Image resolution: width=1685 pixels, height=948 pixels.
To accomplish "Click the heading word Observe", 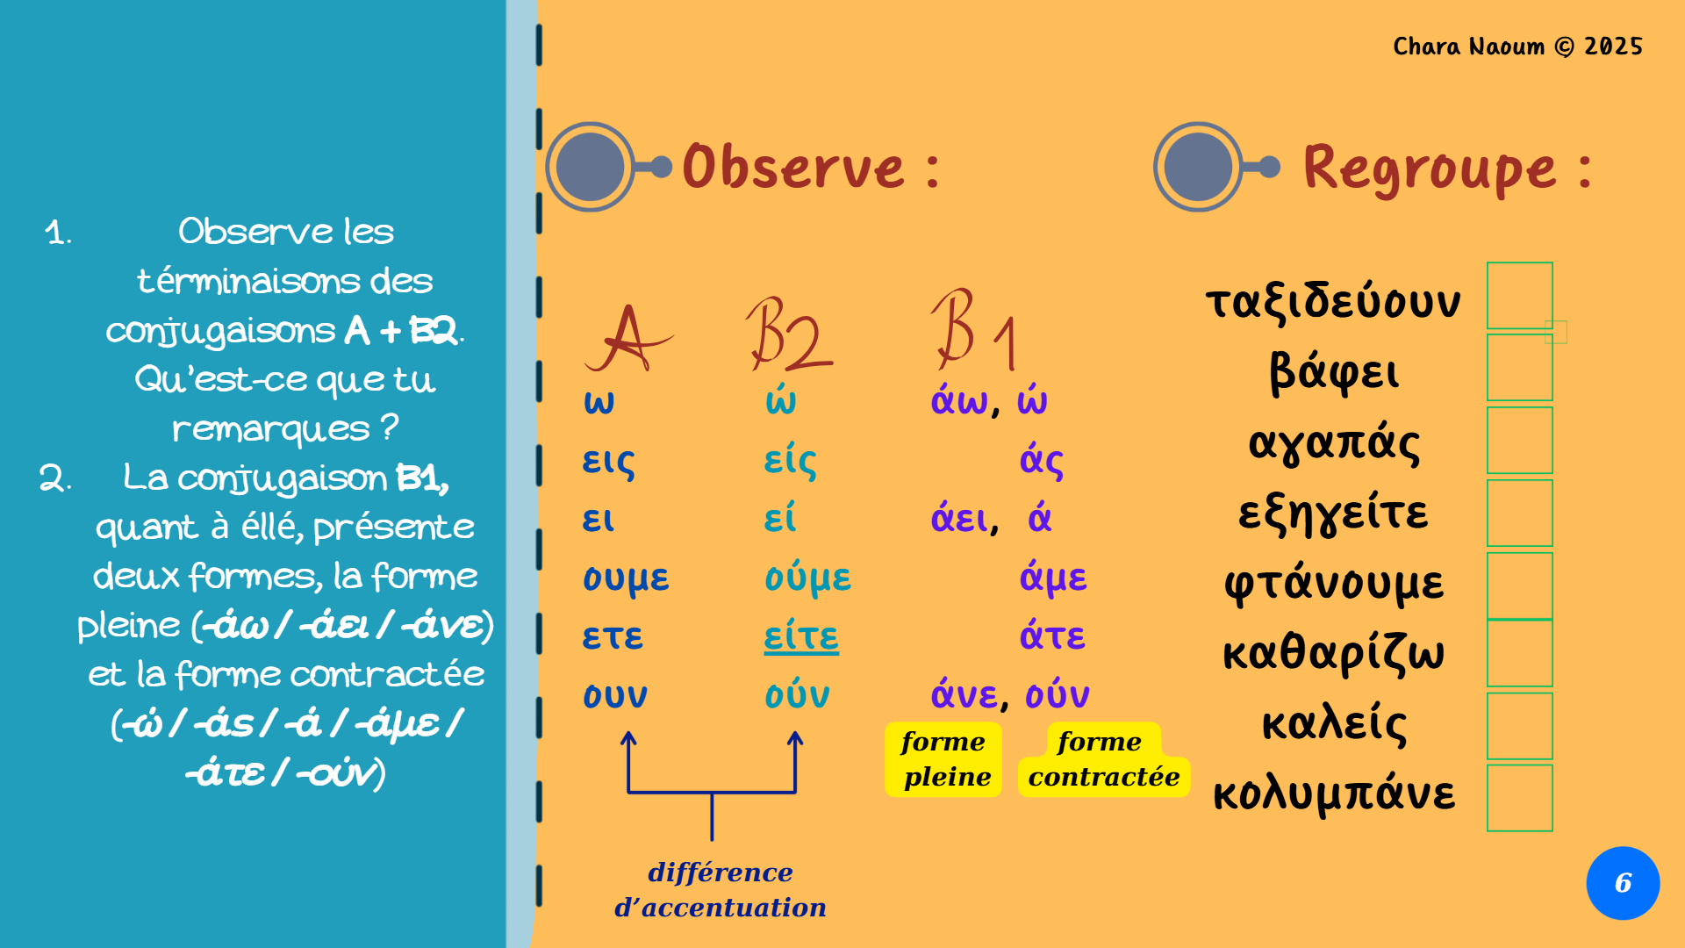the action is tap(793, 166).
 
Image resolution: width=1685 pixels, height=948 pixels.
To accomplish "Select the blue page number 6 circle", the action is tap(1623, 883).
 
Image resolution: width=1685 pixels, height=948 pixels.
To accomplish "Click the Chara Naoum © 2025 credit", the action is tap(1517, 46).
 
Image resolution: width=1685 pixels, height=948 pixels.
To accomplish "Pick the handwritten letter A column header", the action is tap(627, 339).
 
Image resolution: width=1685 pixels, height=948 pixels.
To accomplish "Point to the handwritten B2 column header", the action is tap(788, 334).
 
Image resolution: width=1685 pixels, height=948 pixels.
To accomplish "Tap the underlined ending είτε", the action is tap(801, 636).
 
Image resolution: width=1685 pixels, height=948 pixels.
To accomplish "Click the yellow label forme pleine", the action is tap(943, 759).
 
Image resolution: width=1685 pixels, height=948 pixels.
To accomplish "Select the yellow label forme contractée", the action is tap(1104, 759).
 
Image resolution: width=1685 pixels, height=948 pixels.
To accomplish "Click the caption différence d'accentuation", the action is tap(721, 889).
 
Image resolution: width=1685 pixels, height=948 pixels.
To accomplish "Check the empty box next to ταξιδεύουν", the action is tap(1520, 295).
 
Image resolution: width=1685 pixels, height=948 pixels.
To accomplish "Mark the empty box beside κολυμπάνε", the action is tap(1520, 798).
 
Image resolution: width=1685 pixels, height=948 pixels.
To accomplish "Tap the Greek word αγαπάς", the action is tap(1334, 442).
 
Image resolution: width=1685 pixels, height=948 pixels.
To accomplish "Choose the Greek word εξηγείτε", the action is tap(1333, 513).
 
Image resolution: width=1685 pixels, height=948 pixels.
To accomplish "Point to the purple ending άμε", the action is tap(1053, 578).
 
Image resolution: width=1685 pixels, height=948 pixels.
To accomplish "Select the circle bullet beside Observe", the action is tap(590, 167).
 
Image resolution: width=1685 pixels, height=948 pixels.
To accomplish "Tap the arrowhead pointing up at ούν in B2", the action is tap(795, 740).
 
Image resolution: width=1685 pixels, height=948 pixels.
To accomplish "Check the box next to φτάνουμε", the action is tap(1520, 585).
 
